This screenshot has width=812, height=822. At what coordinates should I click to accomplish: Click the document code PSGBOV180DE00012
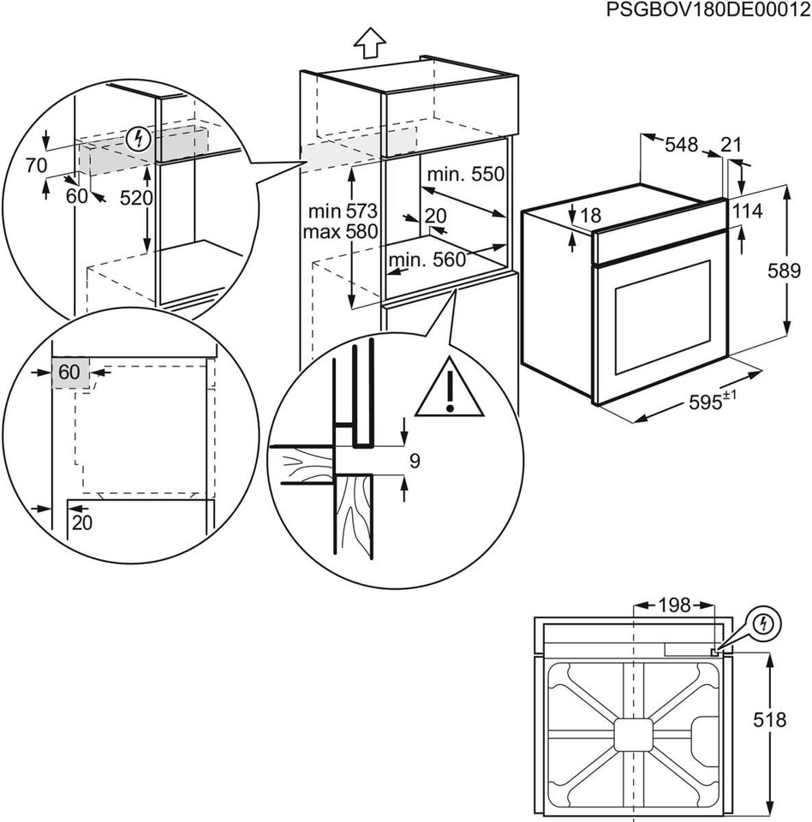point(708,10)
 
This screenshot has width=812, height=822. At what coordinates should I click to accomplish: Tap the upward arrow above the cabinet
point(370,42)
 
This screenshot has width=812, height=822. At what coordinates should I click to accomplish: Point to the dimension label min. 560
point(432,259)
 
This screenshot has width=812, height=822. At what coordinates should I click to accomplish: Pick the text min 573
point(343,211)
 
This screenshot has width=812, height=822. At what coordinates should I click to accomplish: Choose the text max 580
point(343,231)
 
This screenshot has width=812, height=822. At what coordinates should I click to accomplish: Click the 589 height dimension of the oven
point(785,271)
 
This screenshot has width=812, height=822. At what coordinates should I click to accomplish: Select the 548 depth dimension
point(682,146)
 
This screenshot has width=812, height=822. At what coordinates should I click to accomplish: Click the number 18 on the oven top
point(591,217)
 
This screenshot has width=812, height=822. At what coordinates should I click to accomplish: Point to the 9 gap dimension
point(415,462)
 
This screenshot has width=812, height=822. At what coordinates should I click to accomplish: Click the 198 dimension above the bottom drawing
point(674,606)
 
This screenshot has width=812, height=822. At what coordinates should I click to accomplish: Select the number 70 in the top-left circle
point(35,165)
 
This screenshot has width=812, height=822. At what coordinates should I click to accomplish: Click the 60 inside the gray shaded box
point(69,372)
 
